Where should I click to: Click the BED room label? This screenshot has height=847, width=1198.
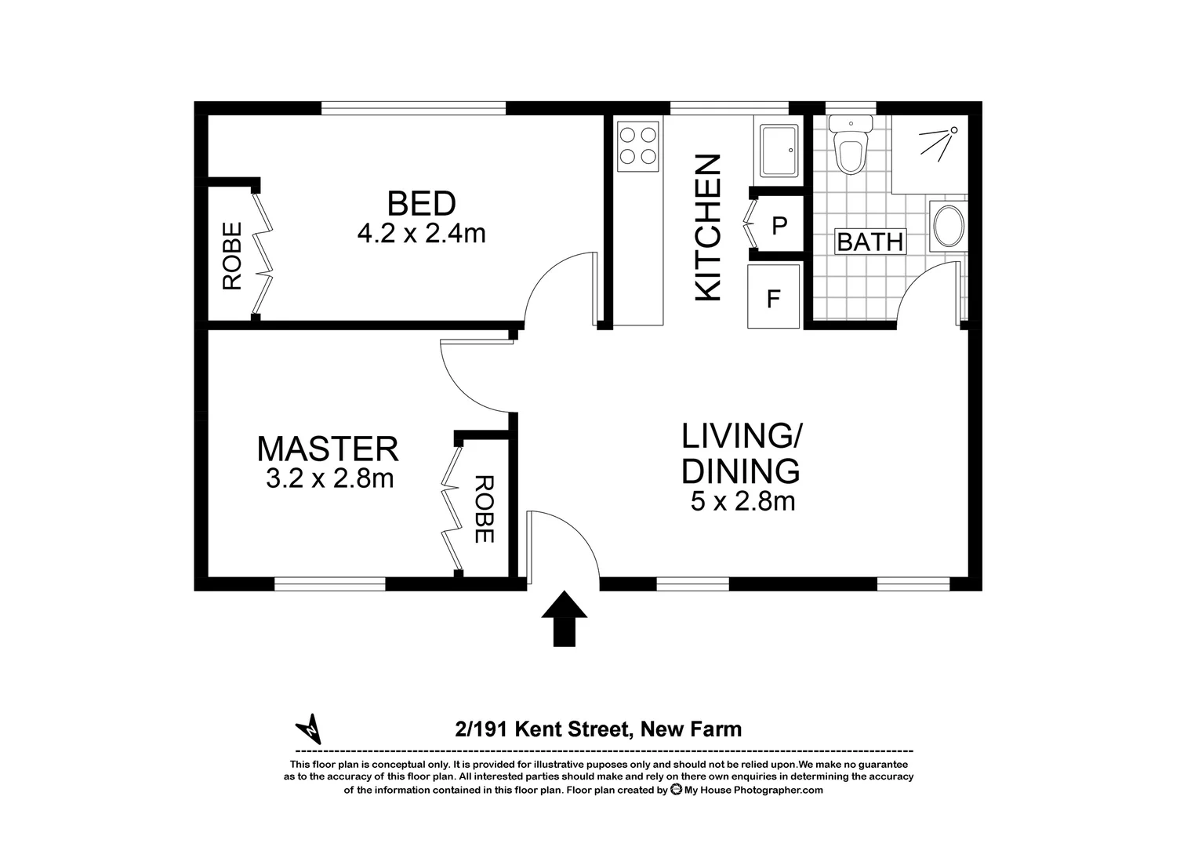coord(421,204)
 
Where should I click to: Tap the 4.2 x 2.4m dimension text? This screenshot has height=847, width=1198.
coord(421,234)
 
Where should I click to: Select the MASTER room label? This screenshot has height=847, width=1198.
coord(328,449)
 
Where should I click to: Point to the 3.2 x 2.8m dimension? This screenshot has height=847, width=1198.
coord(329,478)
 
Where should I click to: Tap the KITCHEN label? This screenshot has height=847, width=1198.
coord(708,227)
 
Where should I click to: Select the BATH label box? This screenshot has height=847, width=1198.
coord(869,242)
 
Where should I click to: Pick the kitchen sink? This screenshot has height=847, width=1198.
coord(779,150)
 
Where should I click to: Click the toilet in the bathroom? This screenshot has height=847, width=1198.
coord(850,145)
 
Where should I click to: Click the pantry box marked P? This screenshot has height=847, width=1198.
coord(779,226)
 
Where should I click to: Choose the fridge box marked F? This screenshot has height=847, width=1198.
coord(773,299)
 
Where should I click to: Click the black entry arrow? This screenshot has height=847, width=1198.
coord(564,619)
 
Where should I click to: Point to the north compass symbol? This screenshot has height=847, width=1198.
coord(310,729)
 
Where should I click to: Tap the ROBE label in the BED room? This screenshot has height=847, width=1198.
coord(232,256)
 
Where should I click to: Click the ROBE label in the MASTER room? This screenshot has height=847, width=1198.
coord(484,509)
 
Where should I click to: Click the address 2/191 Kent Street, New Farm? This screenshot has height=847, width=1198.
coord(598,729)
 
